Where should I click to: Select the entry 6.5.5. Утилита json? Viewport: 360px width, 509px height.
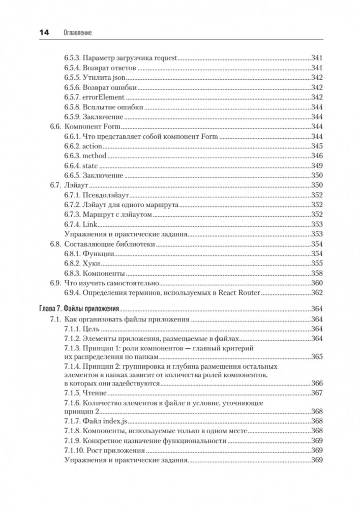95,78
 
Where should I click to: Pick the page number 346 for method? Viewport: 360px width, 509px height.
316,156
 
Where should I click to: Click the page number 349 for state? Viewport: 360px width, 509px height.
316,166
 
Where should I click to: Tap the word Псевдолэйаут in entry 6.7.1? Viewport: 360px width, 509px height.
106,195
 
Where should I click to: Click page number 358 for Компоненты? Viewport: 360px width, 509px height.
316,273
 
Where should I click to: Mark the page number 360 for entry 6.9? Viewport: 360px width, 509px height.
316,283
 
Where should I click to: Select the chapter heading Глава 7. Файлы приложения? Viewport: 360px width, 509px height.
79,309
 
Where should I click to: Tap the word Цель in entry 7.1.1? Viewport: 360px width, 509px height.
91,328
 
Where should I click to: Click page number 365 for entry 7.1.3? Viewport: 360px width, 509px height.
316,357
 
